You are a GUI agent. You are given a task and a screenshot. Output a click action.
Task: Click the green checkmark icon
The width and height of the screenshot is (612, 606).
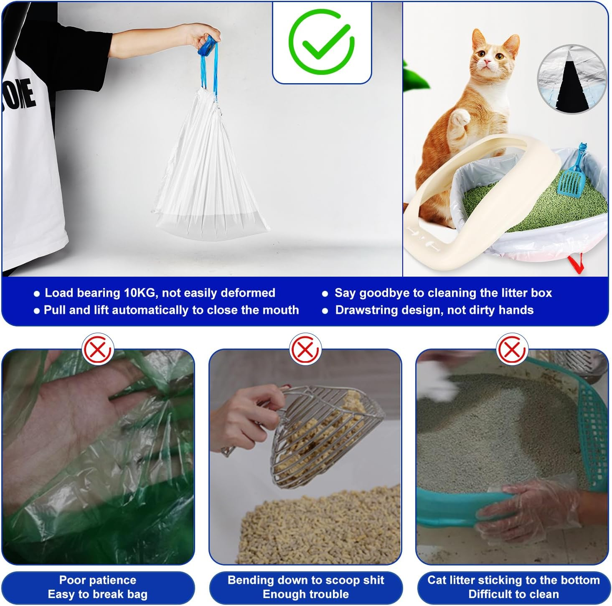tap(321, 41)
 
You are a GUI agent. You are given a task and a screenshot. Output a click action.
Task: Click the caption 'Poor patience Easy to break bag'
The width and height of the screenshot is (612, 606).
tap(98, 587)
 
